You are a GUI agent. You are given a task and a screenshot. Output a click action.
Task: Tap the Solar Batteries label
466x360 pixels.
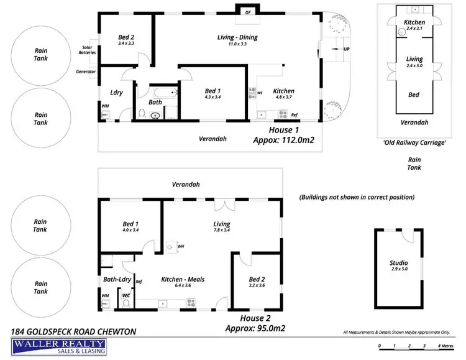click(86, 50)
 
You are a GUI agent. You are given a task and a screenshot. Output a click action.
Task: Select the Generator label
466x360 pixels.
click(86, 72)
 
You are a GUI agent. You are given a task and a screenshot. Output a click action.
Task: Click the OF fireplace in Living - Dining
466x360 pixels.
click(248, 12)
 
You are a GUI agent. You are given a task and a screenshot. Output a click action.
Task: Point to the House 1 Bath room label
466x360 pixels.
click(155, 103)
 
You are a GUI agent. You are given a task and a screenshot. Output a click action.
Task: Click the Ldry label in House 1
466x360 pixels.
click(116, 93)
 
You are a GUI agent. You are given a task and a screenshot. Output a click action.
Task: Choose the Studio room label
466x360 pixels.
click(398, 263)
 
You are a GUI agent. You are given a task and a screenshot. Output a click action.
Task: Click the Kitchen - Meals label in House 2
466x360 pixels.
click(183, 279)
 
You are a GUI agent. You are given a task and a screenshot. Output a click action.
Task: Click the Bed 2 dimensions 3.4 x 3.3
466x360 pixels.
click(127, 44)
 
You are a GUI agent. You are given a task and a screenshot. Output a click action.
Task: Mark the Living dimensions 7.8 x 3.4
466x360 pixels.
click(221, 231)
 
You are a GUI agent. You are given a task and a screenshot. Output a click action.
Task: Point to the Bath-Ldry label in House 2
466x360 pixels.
click(115, 280)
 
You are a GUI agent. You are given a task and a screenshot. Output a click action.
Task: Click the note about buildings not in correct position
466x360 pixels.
click(357, 197)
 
